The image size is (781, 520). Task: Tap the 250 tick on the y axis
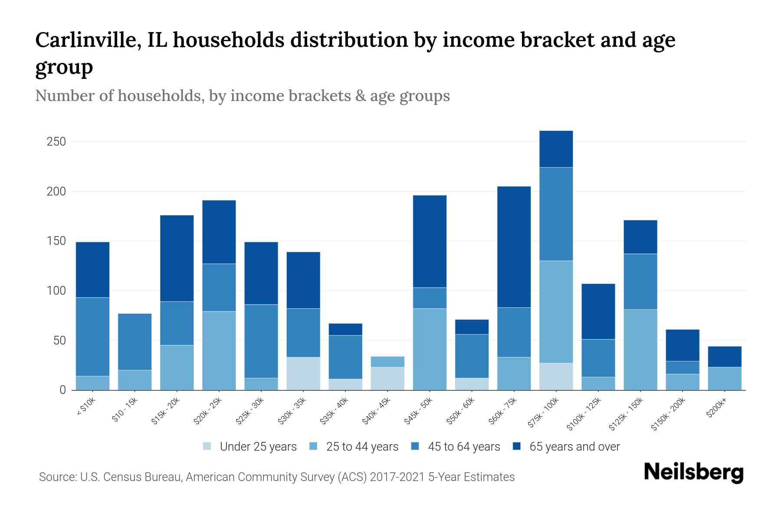[56, 142]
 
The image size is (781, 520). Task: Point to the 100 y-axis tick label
[56, 291]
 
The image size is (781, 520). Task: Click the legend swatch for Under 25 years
[207, 446]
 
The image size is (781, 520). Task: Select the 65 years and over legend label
[574, 446]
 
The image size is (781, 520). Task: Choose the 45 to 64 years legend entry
[464, 446]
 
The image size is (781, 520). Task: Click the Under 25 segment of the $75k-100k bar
[556, 376]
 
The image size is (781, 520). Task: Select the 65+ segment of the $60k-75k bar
[514, 247]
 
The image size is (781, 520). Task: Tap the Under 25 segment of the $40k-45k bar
[387, 378]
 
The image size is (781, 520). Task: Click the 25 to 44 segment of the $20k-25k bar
[219, 351]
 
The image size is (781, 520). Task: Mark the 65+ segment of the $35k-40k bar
[345, 329]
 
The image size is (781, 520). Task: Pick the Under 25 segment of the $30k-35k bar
[303, 374]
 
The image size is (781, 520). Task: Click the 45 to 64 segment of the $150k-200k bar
[682, 367]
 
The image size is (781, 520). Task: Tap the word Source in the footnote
[56, 477]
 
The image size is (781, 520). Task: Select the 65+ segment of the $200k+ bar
[724, 357]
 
